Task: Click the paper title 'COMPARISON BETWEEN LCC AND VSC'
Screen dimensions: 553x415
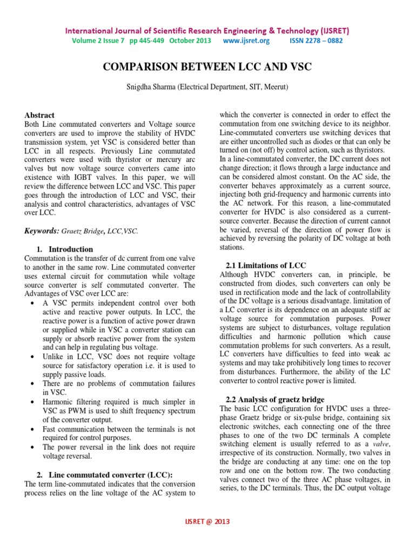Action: (x=207, y=67)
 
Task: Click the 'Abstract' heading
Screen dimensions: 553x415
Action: (x=39, y=115)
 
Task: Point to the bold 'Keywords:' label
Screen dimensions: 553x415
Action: (x=43, y=231)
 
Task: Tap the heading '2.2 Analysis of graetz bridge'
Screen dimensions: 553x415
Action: (x=275, y=399)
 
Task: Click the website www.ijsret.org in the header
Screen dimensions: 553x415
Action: (x=245, y=41)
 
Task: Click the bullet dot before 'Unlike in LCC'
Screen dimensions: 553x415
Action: (x=35, y=357)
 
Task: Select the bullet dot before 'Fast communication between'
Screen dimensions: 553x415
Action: (x=35, y=430)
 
